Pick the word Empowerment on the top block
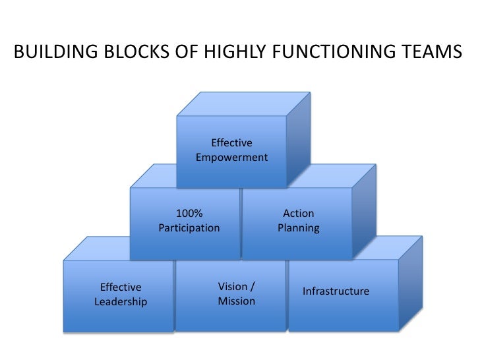click(231, 158)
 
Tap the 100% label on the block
click(189, 214)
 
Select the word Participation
click(189, 228)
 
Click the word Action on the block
click(298, 214)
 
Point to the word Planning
click(298, 228)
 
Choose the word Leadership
click(121, 302)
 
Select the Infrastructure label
click(336, 291)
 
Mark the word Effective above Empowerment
click(231, 143)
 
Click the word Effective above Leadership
click(121, 287)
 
